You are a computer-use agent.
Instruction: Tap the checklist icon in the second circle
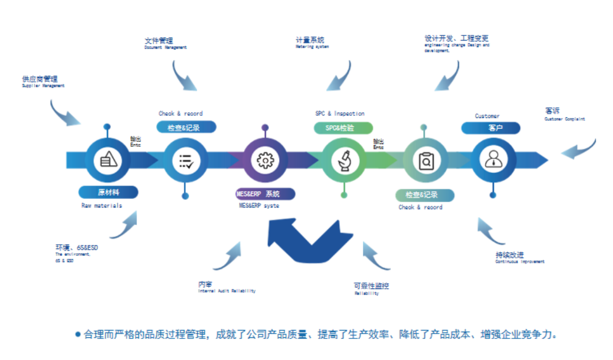186,161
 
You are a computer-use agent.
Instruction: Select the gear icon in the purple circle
265,160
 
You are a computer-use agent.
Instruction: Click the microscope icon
344,160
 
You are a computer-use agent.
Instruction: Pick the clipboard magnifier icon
425,161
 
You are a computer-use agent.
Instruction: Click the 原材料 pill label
108,192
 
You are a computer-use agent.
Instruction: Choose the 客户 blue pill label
492,128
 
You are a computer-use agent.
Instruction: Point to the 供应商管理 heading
40,79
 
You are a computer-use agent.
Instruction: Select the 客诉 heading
552,111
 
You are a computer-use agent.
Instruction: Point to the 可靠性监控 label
372,286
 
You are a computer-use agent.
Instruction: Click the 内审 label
205,284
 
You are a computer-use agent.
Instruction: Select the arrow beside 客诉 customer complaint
579,148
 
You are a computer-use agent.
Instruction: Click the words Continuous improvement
519,262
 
